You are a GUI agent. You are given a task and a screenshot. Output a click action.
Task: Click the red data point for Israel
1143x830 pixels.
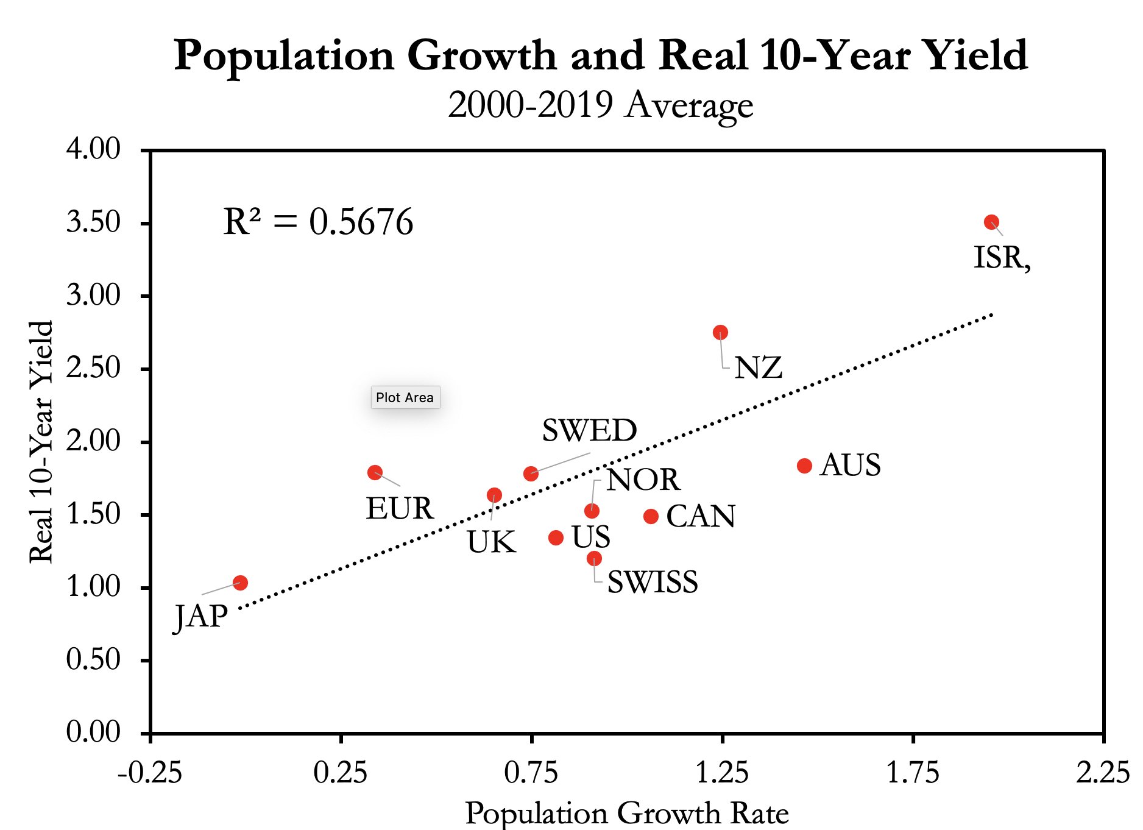tap(991, 222)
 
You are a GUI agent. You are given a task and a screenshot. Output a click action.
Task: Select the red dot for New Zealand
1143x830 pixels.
tap(720, 332)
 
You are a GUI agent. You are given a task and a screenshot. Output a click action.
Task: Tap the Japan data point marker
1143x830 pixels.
tap(241, 583)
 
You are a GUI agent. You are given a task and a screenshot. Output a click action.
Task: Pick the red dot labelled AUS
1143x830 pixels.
tap(804, 466)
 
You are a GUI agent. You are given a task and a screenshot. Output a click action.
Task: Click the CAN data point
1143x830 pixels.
tap(651, 516)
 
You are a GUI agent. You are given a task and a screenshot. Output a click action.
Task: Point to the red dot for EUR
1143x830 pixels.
tap(375, 472)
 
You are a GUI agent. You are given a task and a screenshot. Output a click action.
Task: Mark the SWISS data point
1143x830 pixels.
tap(594, 558)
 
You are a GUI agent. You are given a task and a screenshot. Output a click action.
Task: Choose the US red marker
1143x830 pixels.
tap(556, 537)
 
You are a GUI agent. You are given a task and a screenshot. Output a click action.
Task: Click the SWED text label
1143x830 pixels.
tap(589, 431)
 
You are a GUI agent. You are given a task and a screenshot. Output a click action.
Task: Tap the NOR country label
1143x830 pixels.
tap(643, 480)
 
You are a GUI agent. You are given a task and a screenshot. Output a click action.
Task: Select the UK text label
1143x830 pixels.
tap(491, 542)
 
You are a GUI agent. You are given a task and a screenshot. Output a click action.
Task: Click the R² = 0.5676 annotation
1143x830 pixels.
tap(318, 222)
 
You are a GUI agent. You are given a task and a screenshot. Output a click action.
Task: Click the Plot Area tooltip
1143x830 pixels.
tap(405, 397)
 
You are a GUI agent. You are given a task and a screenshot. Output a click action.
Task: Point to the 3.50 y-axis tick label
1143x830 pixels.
tap(93, 222)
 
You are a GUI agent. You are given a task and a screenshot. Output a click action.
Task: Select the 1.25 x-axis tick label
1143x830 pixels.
tap(722, 773)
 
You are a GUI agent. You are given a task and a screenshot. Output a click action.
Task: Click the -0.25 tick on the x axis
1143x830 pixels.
tap(150, 773)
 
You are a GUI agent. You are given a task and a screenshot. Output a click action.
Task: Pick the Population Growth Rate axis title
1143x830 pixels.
tap(627, 814)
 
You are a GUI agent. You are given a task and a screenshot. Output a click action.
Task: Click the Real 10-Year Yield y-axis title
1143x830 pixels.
tap(41, 442)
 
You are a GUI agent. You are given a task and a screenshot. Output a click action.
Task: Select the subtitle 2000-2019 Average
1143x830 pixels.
tap(600, 105)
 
